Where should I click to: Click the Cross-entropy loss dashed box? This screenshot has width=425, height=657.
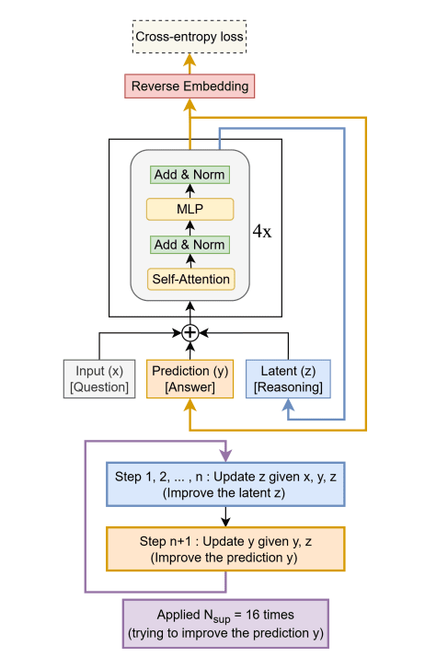(x=190, y=38)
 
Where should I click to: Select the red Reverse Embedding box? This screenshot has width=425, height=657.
(x=190, y=86)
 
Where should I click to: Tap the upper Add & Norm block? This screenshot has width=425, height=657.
(x=190, y=175)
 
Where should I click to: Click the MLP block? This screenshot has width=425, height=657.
(x=190, y=210)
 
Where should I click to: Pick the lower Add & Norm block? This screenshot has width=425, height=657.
(x=190, y=245)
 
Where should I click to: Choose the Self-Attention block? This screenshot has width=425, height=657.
(x=190, y=279)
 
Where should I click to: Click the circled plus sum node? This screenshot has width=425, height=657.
(x=190, y=332)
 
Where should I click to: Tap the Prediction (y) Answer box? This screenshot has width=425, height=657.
(x=190, y=379)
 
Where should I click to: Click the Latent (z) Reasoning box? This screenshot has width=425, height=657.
(x=288, y=379)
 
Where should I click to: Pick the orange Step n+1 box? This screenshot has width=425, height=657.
(x=225, y=549)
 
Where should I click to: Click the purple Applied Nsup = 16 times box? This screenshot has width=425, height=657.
(x=225, y=623)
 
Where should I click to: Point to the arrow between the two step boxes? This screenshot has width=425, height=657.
(x=225, y=517)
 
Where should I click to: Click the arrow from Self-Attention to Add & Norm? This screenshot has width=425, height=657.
(x=190, y=261)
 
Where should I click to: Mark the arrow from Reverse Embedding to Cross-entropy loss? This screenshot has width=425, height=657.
(x=190, y=63)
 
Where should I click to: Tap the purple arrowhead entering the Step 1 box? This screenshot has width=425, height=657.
(x=225, y=457)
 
